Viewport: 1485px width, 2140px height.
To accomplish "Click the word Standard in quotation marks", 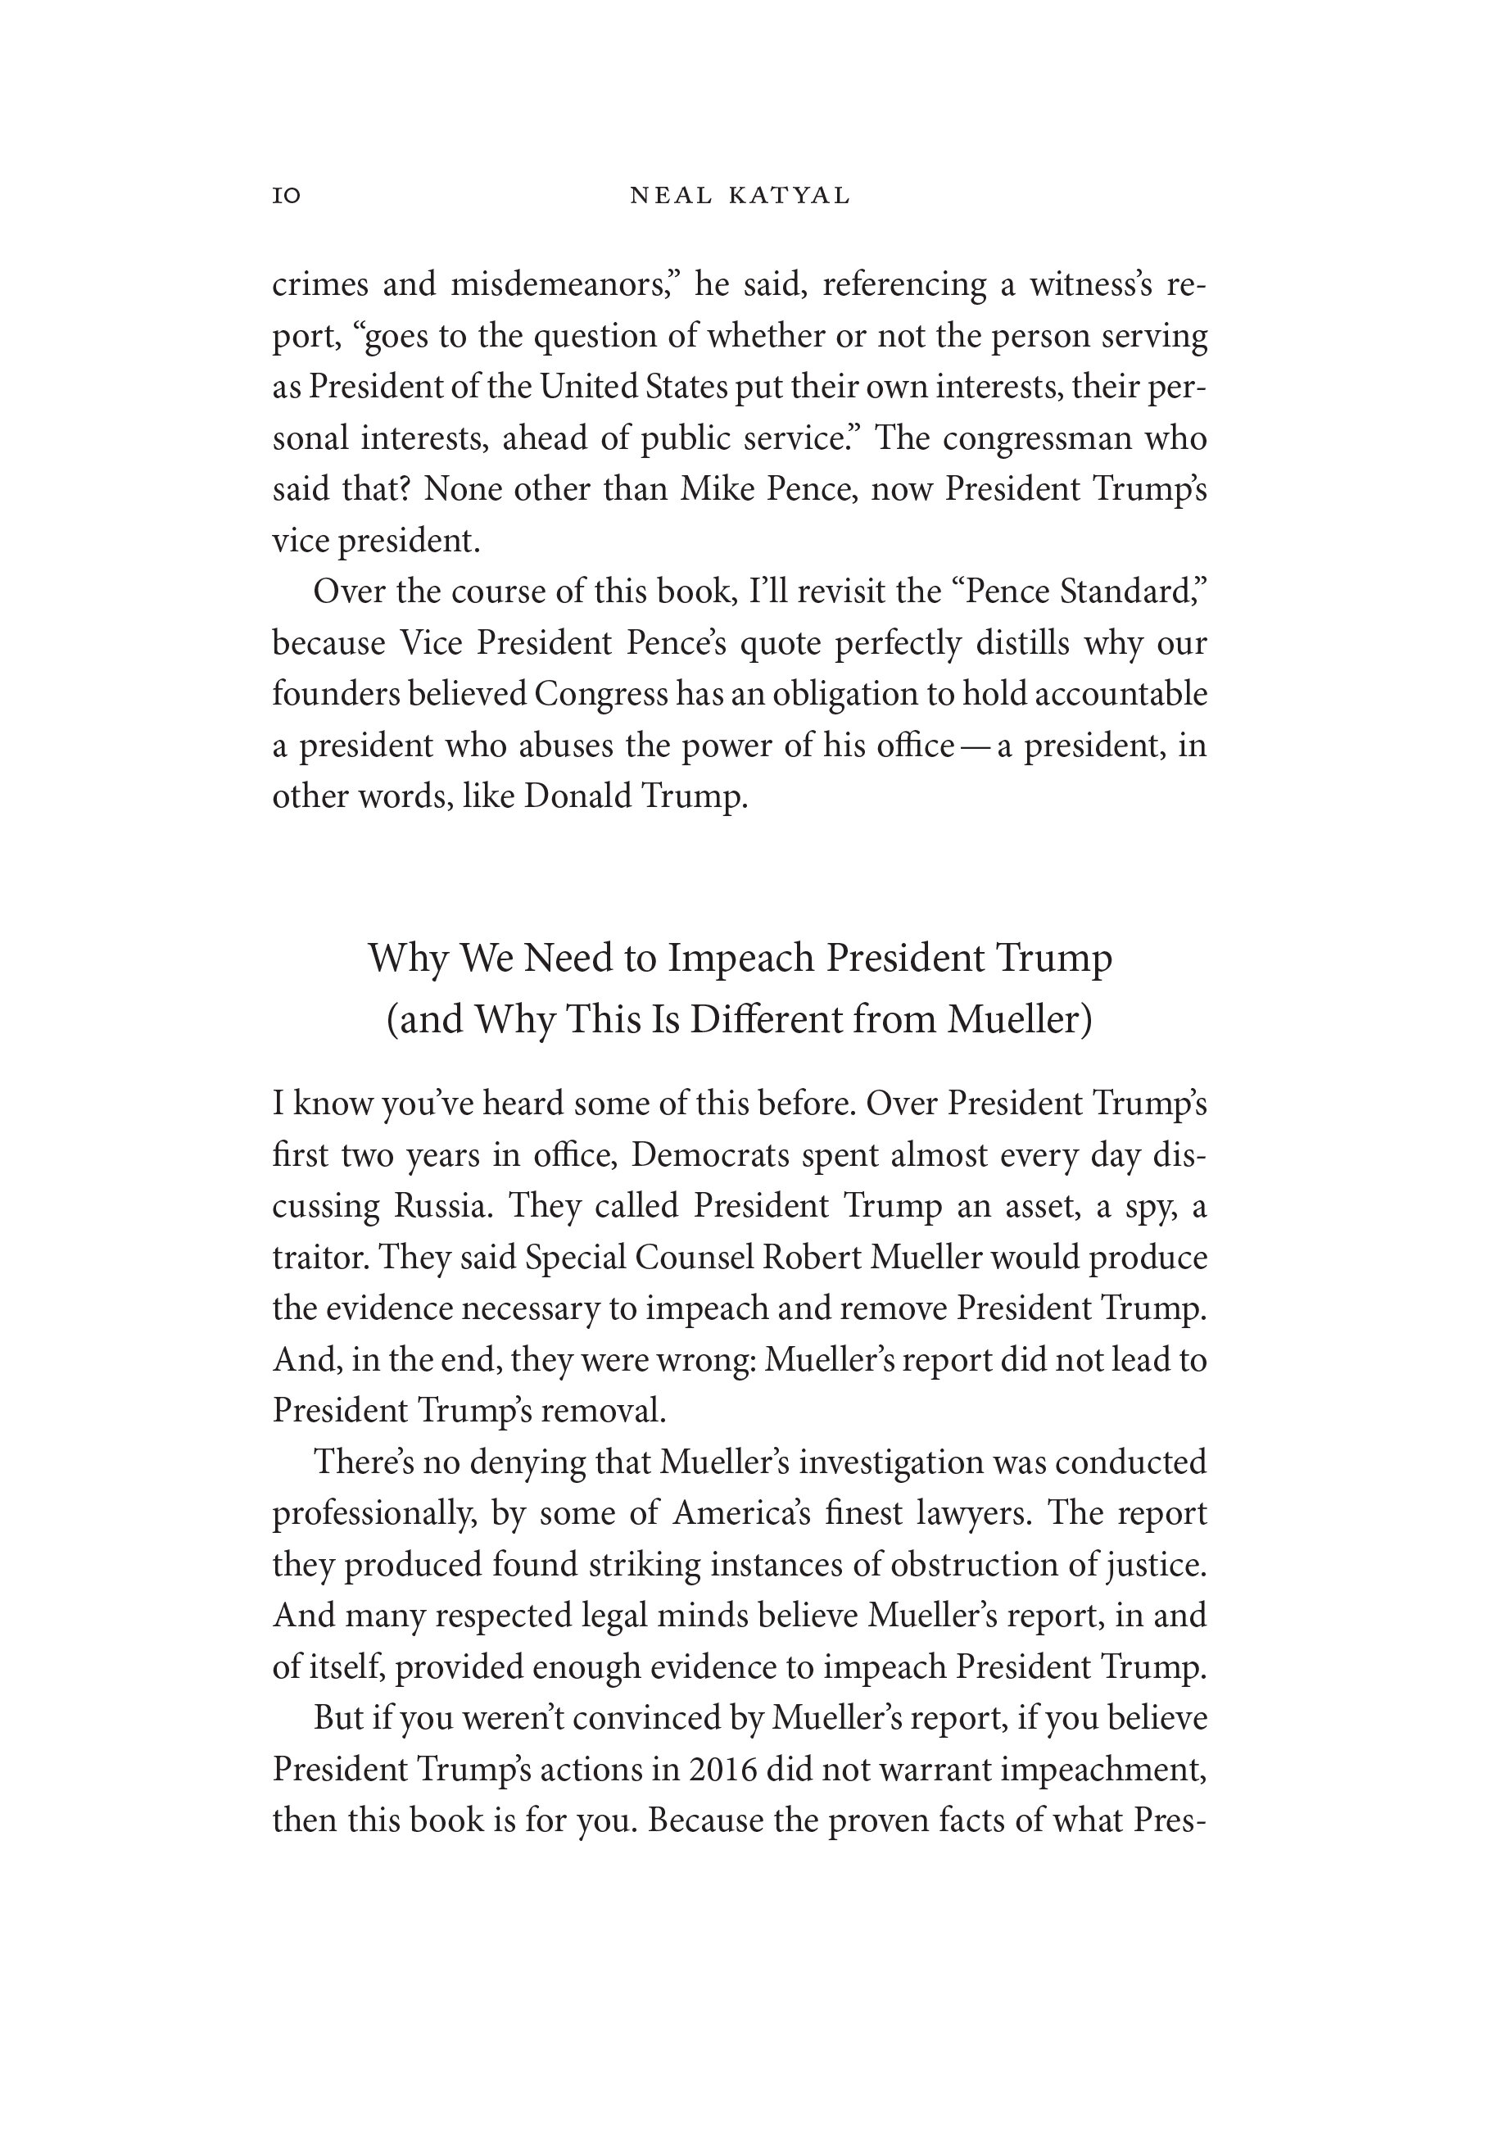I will [1131, 592].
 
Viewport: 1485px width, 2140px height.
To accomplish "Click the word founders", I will [334, 694].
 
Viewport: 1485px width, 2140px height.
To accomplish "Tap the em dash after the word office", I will [975, 746].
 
